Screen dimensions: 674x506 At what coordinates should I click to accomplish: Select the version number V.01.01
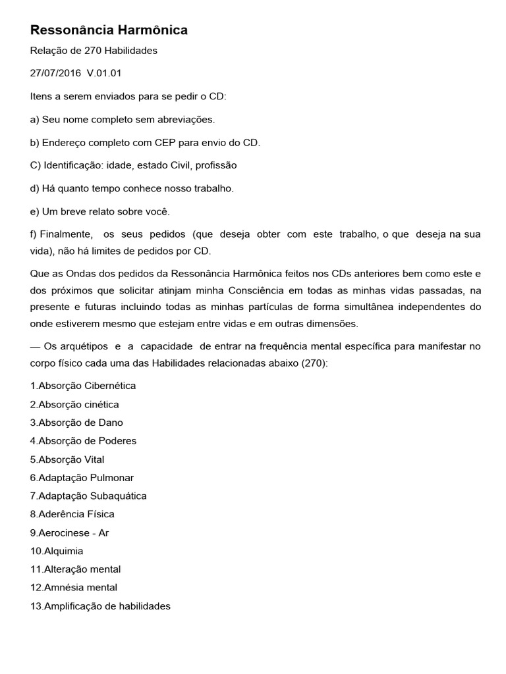point(104,73)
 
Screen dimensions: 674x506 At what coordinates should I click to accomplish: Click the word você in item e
point(155,211)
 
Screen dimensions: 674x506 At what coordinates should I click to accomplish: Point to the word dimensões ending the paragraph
point(334,323)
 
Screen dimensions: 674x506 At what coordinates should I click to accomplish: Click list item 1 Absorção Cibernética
point(83,386)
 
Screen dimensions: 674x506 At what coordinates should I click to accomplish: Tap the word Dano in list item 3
point(110,423)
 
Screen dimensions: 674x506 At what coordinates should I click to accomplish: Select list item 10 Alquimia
point(57,551)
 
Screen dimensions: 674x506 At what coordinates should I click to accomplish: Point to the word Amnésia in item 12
point(62,587)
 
